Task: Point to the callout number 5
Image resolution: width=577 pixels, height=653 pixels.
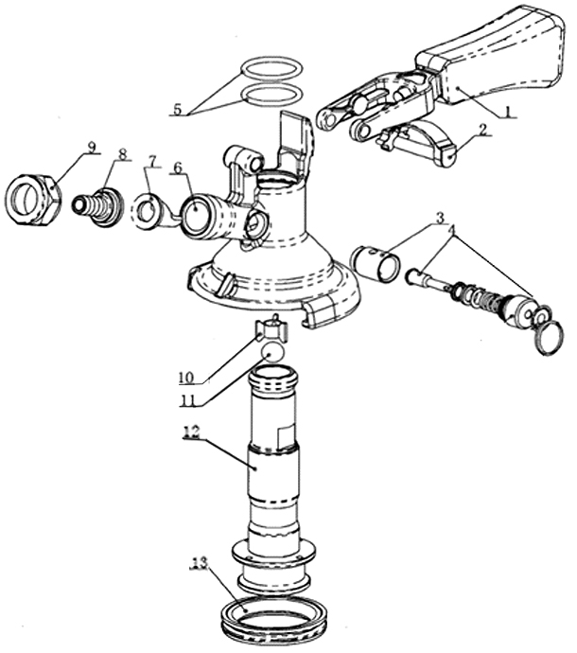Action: tap(177, 109)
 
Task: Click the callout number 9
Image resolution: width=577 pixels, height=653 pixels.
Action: tap(92, 147)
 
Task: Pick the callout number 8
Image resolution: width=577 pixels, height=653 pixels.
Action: tap(122, 152)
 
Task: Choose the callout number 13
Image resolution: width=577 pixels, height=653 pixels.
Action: tap(198, 565)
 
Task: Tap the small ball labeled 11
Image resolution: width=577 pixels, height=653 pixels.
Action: tap(272, 352)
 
